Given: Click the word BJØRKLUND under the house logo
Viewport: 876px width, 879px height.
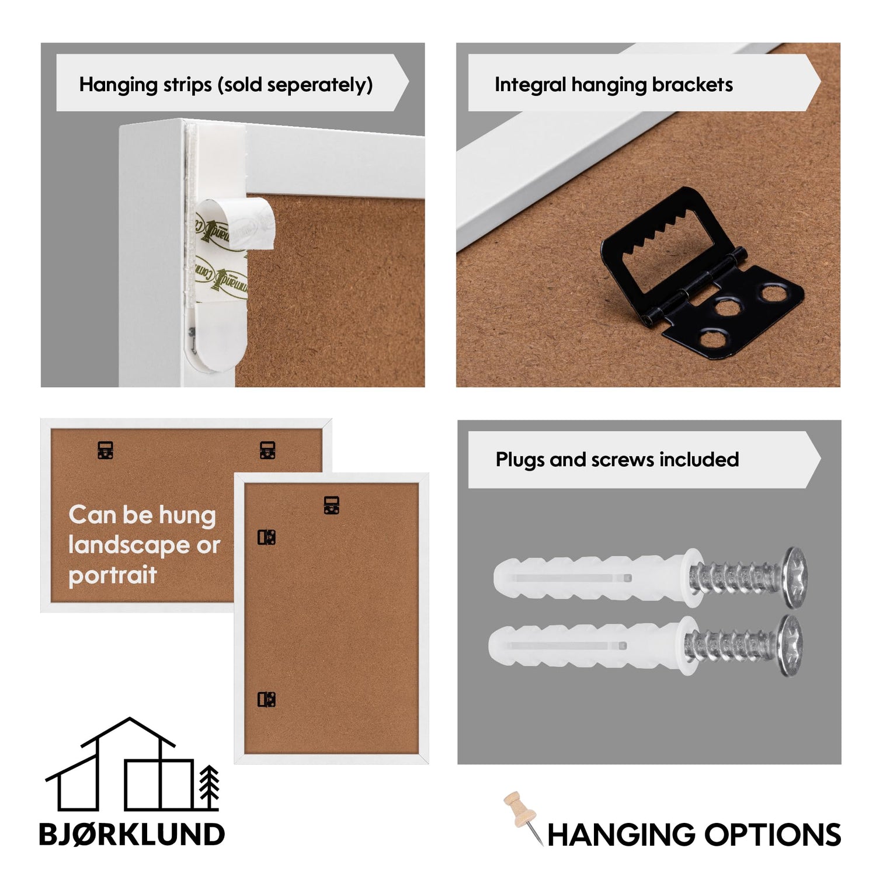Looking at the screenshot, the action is coord(131,834).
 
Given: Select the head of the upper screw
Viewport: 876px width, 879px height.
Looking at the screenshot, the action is coord(795,577).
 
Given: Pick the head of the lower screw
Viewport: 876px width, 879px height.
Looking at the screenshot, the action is coord(791,645).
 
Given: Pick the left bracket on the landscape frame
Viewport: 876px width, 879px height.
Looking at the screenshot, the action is coord(105,450).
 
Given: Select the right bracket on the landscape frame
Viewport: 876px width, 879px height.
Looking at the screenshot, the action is coord(267,450).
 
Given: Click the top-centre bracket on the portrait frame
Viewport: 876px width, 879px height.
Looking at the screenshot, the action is coord(332,505).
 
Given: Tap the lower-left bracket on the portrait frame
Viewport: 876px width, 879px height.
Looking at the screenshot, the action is coord(267,699).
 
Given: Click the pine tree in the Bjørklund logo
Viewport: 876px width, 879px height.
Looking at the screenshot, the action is coord(209,787).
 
